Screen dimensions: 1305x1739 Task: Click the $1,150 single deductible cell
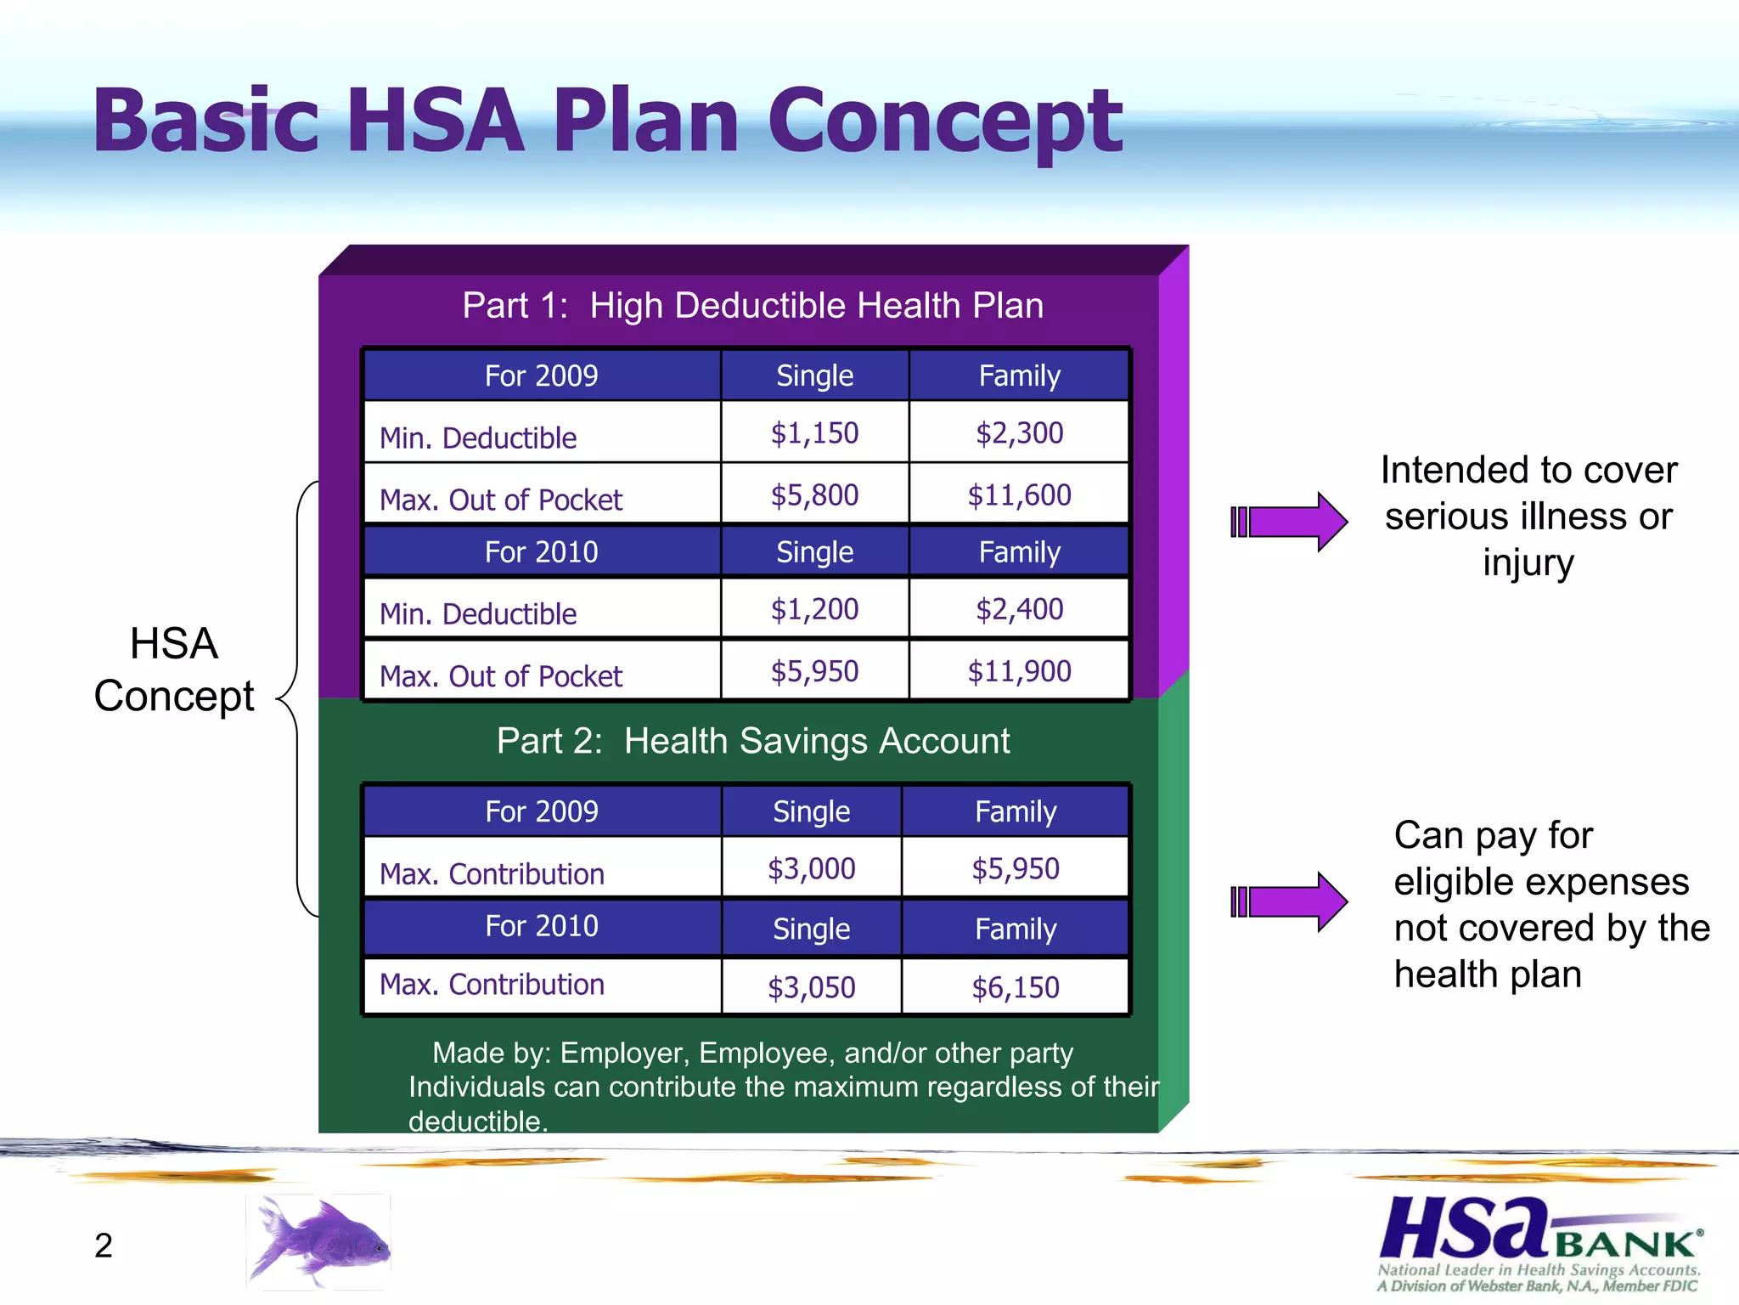[x=814, y=433]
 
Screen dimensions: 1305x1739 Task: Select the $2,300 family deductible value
[x=1019, y=433]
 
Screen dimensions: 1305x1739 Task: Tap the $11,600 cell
[x=1019, y=495]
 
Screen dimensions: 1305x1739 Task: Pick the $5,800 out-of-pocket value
[x=814, y=495]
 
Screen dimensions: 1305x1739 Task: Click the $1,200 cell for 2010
[x=814, y=609]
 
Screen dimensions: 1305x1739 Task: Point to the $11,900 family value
[x=1019, y=672]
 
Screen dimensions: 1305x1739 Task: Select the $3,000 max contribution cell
[x=811, y=868]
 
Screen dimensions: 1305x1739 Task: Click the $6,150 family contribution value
[x=1016, y=987]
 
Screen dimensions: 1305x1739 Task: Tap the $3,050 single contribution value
[x=811, y=987]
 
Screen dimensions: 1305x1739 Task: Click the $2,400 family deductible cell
[x=1019, y=609]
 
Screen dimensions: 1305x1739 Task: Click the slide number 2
[x=104, y=1246]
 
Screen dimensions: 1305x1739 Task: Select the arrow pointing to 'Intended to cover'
[x=1289, y=522]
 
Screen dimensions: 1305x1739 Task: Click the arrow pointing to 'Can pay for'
[x=1289, y=901]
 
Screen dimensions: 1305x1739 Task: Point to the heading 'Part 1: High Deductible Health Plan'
[x=752, y=305]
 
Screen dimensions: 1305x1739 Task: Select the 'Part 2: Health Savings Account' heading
[x=752, y=741]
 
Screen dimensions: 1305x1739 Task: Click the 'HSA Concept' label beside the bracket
[x=174, y=669]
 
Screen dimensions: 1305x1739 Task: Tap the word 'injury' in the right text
[x=1528, y=562]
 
